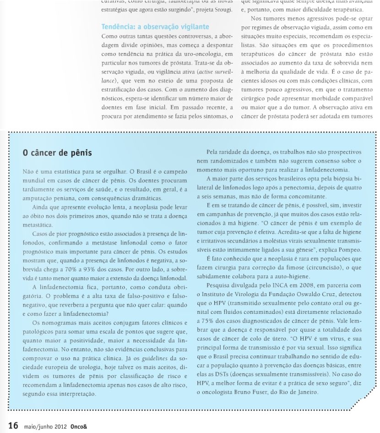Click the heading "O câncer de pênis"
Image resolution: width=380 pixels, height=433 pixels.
(x=57, y=153)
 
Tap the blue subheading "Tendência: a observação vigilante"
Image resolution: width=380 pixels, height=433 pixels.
(x=155, y=27)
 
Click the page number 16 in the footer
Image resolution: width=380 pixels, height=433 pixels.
(x=12, y=425)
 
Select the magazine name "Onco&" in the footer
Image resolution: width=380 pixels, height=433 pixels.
(x=79, y=426)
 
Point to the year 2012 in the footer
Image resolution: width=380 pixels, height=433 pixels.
(x=61, y=426)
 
